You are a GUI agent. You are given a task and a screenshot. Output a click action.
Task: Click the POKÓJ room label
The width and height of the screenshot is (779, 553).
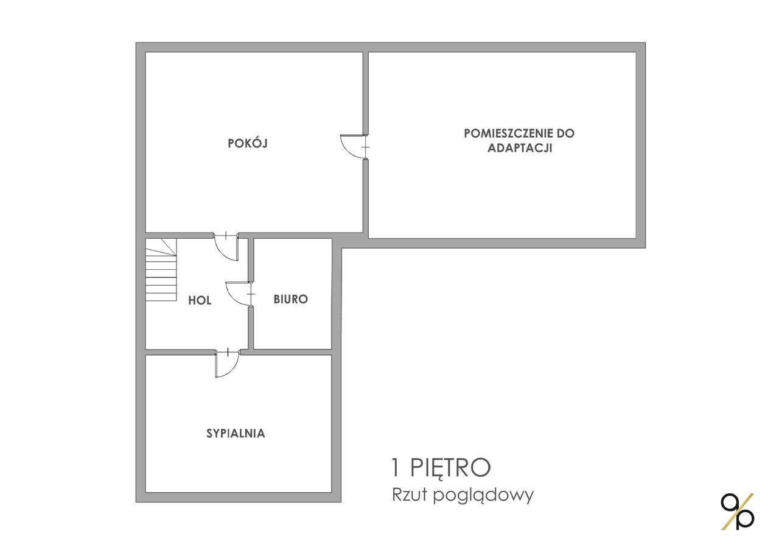248,144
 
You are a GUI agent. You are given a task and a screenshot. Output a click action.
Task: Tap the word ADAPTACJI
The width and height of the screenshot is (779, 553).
519,148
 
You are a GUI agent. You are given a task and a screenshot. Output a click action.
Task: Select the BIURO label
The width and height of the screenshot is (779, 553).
290,299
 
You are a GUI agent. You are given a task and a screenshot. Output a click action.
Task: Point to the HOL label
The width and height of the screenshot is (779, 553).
200,300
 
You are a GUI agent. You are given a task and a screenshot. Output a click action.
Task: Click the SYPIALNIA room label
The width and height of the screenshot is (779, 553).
236,434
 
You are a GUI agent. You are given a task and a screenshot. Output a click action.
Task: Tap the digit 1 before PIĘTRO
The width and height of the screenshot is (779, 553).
397,468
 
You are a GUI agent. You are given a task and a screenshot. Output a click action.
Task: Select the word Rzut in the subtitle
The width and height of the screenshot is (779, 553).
409,495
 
